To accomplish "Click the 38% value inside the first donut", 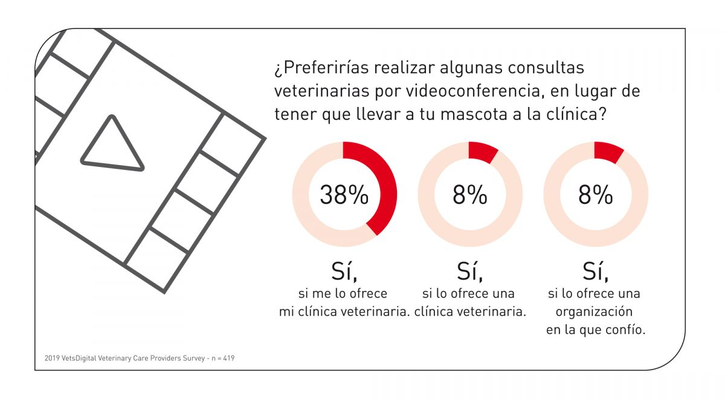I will (x=344, y=195).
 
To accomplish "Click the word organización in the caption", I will (x=594, y=312).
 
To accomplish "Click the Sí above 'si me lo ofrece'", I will (x=344, y=272).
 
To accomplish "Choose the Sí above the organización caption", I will (x=596, y=272).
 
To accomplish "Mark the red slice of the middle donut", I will (x=483, y=152).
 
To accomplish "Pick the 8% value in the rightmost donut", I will (x=596, y=195).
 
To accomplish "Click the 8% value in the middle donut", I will (x=470, y=195).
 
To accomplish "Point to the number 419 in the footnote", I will (x=229, y=358).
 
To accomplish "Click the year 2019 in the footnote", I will (x=53, y=358).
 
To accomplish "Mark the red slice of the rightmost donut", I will (x=609, y=152).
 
